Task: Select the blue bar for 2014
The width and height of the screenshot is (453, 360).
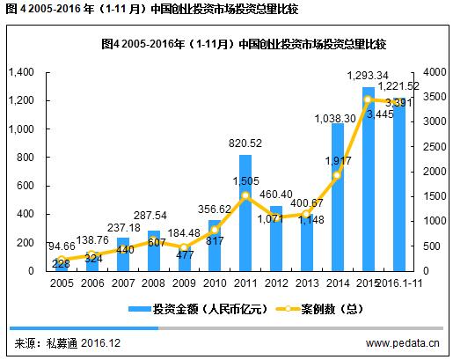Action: (338, 197)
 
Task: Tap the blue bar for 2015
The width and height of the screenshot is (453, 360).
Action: (369, 180)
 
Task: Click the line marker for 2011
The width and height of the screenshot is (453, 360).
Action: (245, 195)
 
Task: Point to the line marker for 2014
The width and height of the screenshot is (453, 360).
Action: (338, 175)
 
